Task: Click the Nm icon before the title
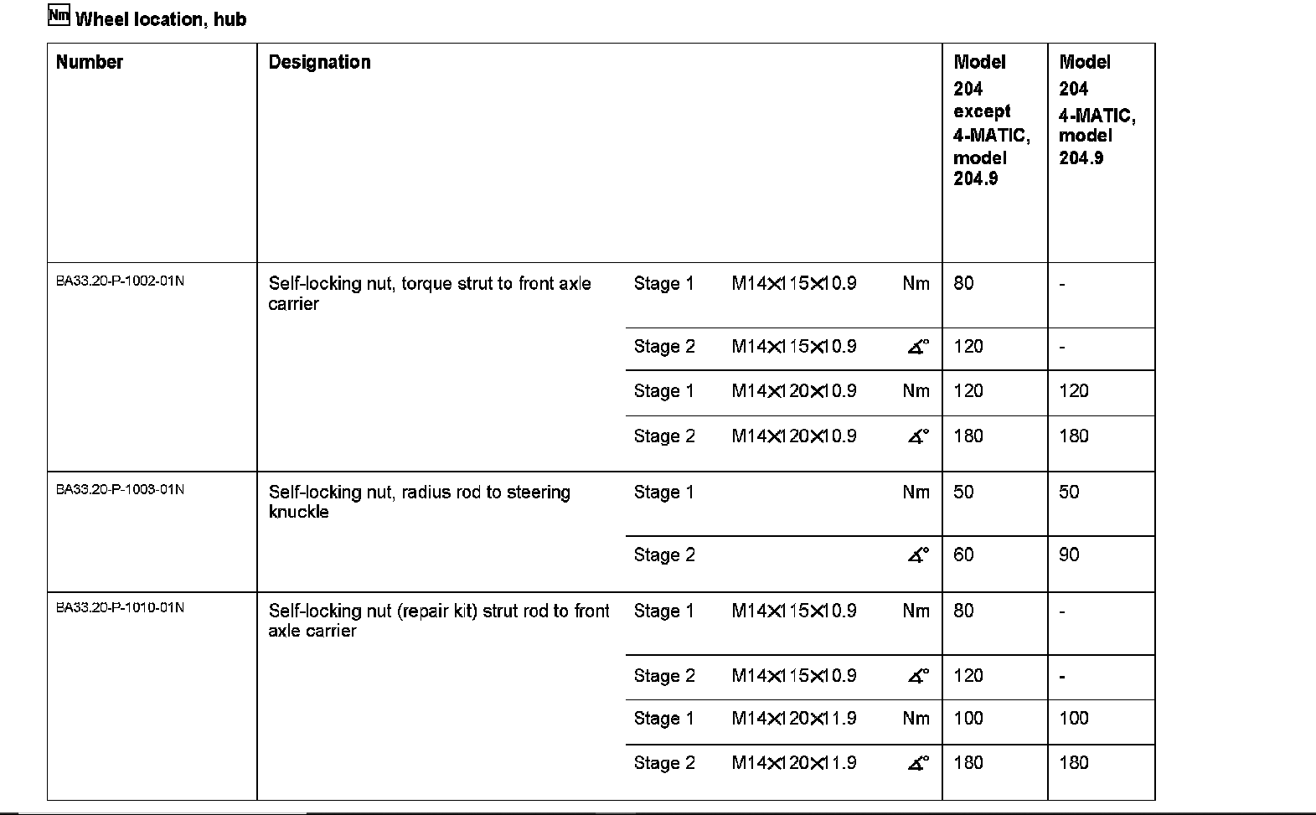coord(59,16)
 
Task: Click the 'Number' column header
coord(90,62)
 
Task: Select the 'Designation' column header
coord(319,62)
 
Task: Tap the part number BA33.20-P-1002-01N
coord(120,281)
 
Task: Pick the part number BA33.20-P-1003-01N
coord(120,489)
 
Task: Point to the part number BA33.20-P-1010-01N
coord(120,607)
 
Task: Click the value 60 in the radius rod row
coord(963,555)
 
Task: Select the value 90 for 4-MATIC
coord(1069,555)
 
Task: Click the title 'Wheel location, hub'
coord(161,19)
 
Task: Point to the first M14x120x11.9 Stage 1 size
coord(793,718)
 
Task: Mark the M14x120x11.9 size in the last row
coord(793,762)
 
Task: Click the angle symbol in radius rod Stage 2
coord(918,555)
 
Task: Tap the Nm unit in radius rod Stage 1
coord(916,492)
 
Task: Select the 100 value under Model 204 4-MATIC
coord(1073,718)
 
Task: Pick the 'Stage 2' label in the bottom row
coord(664,762)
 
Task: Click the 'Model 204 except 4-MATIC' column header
coord(991,120)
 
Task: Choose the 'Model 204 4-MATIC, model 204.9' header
coord(1097,110)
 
